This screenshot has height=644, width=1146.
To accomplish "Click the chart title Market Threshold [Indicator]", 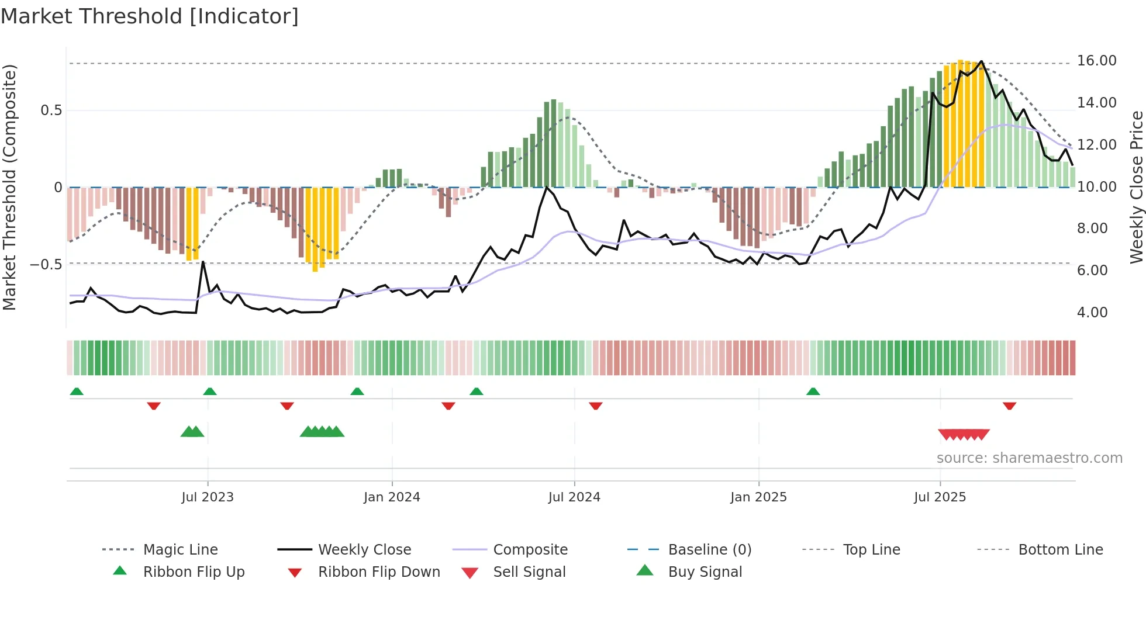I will (150, 16).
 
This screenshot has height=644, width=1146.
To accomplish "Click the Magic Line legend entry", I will (180, 550).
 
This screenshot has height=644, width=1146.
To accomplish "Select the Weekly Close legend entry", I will (364, 550).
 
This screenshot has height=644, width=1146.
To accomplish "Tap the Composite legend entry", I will (530, 550).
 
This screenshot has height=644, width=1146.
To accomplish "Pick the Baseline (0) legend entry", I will (709, 550).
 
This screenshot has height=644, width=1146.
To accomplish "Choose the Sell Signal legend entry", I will (529, 572).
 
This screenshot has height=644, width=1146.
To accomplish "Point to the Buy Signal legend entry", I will (705, 572).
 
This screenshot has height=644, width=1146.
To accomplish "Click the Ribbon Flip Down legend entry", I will (378, 572).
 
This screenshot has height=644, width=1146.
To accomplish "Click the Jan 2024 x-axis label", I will (392, 497).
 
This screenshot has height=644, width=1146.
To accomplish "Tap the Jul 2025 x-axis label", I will (940, 497).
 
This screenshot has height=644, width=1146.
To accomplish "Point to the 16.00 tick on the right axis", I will (1096, 61).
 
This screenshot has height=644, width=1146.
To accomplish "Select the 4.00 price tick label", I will (1092, 313).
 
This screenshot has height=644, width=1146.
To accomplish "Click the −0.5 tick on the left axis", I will (46, 265).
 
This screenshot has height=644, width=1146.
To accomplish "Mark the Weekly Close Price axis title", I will (1136, 187).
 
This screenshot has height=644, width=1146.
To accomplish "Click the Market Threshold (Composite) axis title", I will (9, 187).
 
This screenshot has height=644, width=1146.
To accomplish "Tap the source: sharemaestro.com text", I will (1029, 458).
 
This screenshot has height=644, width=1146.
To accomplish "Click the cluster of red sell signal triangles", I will (964, 435).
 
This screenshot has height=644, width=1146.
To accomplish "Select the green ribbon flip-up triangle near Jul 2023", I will (210, 392).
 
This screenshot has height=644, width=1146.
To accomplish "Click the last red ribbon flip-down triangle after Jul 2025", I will (1009, 406).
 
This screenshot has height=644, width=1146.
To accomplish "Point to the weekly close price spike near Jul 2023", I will (203, 262).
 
